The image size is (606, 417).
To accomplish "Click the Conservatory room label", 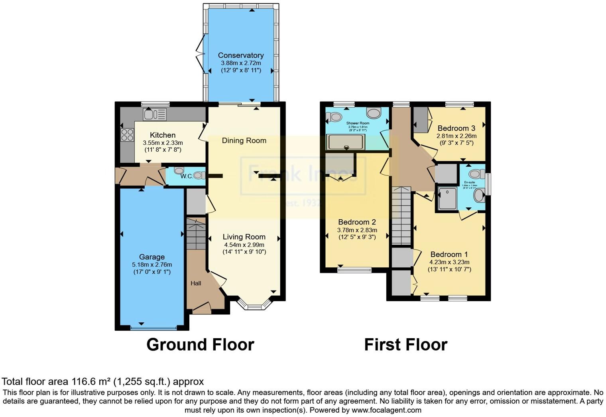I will pyautogui.click(x=241, y=55).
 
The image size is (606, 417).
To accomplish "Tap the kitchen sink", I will pyautogui.click(x=154, y=115).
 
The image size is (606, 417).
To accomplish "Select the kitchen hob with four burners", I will pyautogui.click(x=127, y=135).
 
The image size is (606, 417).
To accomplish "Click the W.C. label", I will pyautogui.click(x=186, y=176).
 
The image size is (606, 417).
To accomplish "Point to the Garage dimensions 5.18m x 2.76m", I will pyautogui.click(x=152, y=265).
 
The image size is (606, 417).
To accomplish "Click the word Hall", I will pyautogui.click(x=196, y=283).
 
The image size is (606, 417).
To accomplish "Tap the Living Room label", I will pyautogui.click(x=244, y=237).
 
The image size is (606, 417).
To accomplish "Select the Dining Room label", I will pyautogui.click(x=244, y=140).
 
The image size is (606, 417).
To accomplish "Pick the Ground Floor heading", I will pyautogui.click(x=200, y=345).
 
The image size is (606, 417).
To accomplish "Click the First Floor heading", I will pyautogui.click(x=406, y=345).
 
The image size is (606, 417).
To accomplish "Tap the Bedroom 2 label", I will pyautogui.click(x=357, y=222).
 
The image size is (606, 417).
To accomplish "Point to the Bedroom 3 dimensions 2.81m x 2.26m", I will pyautogui.click(x=456, y=136).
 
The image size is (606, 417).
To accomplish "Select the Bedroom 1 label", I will pyautogui.click(x=449, y=254).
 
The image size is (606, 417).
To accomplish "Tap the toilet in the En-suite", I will pyautogui.click(x=476, y=174).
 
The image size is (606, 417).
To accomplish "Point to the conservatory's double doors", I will pyautogui.click(x=202, y=54).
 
